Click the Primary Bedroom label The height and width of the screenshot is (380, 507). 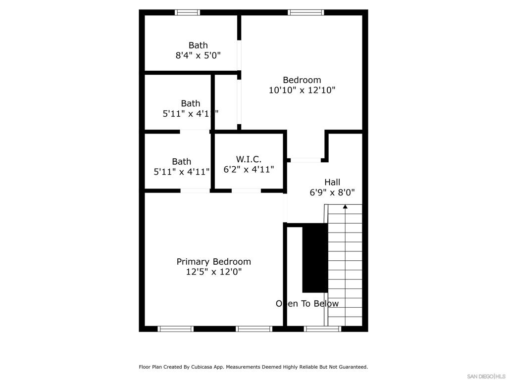213,261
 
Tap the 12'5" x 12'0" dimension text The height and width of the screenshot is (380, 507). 213,272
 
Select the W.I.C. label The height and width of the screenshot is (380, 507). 249,159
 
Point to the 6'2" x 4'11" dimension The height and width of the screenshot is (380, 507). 249,169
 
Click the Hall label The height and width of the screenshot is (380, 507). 332,182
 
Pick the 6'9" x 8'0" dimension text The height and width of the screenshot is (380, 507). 332,192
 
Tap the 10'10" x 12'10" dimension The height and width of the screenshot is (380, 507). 302,90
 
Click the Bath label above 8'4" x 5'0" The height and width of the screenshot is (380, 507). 198,45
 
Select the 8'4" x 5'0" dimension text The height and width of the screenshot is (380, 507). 198,55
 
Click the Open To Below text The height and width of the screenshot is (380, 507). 307,303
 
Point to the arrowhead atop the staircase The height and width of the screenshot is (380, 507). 345,207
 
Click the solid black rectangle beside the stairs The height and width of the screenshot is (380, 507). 315,257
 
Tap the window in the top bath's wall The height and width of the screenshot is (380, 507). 188,12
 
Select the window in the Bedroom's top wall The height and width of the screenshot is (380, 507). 306,12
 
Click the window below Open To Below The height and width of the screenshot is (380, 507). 322,329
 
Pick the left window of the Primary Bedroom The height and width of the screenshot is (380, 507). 175,329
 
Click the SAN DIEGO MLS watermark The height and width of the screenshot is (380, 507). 487,376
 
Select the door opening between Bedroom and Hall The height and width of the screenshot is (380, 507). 305,160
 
